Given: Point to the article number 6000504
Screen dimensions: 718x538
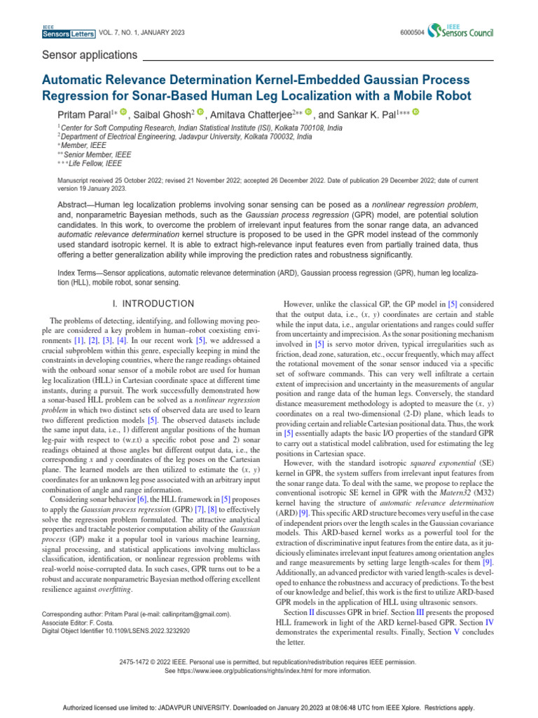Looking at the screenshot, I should [x=412, y=32].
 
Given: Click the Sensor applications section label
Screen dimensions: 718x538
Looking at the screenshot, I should [x=90, y=55].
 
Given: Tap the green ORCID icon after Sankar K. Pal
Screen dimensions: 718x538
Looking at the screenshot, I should [x=415, y=112].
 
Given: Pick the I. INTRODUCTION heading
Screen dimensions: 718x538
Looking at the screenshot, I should [x=153, y=304].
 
